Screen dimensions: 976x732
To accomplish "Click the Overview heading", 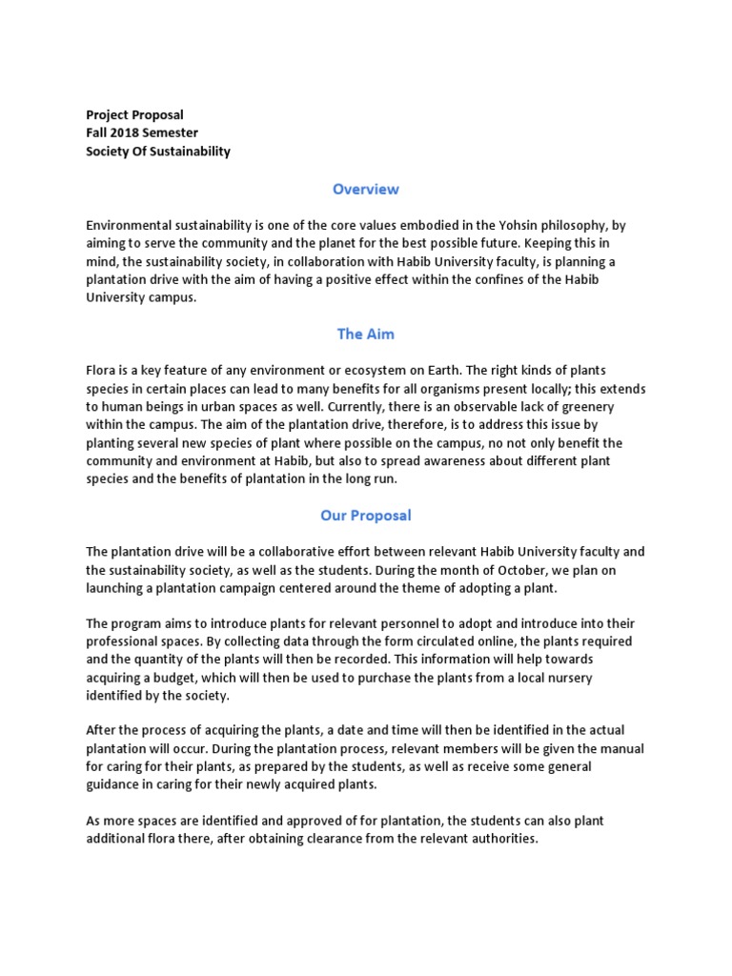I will (366, 189).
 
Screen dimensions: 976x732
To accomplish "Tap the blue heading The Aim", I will (365, 334).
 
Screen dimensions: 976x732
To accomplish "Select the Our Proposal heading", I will (366, 516).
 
